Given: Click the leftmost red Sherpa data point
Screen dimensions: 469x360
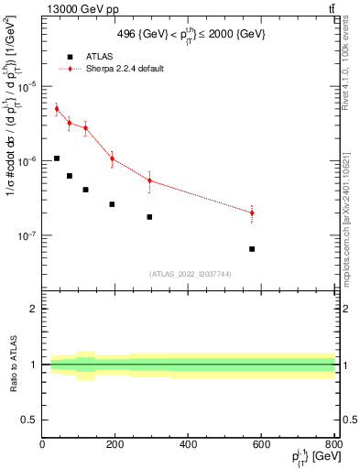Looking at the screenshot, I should pos(57,109).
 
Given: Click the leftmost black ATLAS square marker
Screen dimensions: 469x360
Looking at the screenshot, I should pos(57,158).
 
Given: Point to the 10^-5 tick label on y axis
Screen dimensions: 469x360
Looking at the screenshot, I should pos(28,86).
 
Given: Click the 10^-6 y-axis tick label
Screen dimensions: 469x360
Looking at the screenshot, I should pos(28,161).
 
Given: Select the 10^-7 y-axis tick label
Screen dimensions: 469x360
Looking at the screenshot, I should pos(28,236).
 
